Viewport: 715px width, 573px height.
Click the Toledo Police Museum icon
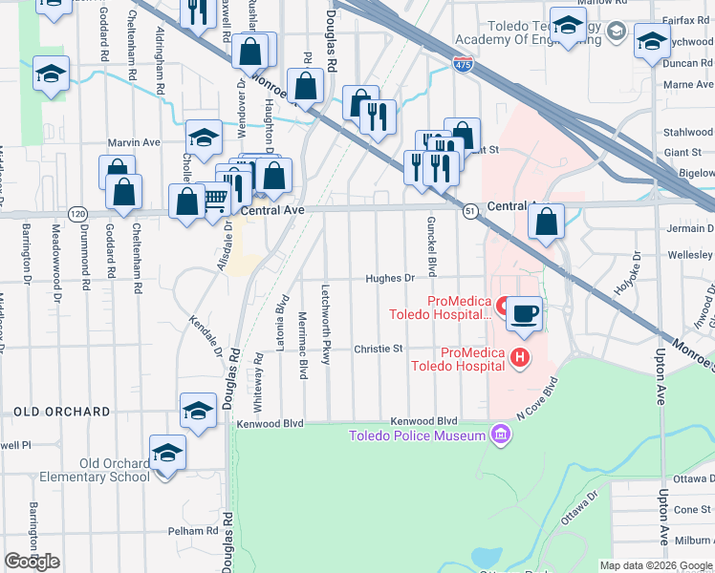[x=498, y=436]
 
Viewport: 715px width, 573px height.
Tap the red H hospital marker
[x=519, y=358]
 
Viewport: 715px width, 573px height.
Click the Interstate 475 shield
[x=463, y=63]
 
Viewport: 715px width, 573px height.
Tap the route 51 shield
[x=470, y=212]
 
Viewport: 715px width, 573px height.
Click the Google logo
[x=32, y=562]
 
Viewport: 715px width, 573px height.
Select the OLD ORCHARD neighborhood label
[x=62, y=412]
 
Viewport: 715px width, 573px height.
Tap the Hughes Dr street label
[x=389, y=279]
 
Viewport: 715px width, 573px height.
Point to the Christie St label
[x=379, y=350]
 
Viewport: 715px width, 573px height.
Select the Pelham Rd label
[x=198, y=531]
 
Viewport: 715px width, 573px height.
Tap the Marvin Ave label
[x=134, y=142]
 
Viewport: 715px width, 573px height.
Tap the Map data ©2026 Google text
[x=657, y=565]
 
